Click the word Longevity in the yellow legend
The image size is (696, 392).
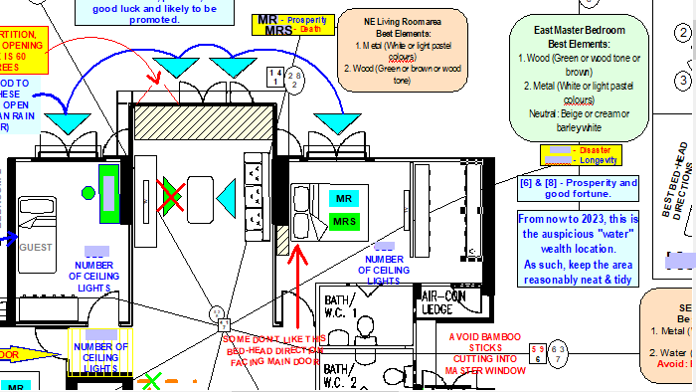[600, 159]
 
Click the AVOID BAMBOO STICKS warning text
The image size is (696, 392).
[475, 352]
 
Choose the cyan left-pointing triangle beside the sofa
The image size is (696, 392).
[231, 196]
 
